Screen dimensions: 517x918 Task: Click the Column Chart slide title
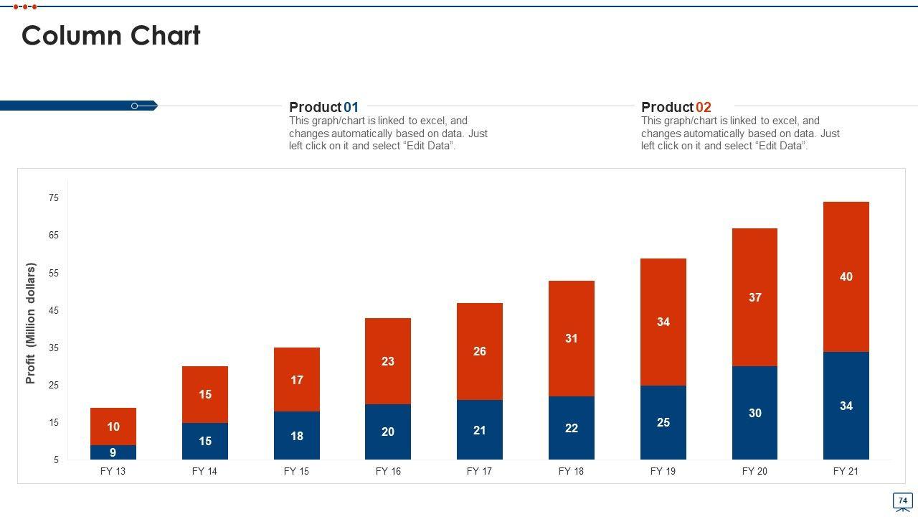click(x=111, y=36)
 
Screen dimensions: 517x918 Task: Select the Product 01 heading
click(x=323, y=107)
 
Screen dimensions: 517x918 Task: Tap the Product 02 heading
click(x=676, y=107)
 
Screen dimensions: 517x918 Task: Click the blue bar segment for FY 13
click(x=113, y=452)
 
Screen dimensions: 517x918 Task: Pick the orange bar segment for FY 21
click(x=846, y=276)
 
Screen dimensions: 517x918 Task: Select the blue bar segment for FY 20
click(x=754, y=413)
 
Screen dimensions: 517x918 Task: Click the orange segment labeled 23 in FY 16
click(x=388, y=361)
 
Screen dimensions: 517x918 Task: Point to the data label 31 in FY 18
click(x=571, y=338)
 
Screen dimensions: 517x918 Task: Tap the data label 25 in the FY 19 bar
click(x=663, y=422)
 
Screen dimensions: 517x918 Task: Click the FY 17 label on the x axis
click(x=479, y=472)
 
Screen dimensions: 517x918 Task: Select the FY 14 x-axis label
click(x=204, y=472)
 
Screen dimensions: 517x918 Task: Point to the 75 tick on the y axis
click(x=54, y=197)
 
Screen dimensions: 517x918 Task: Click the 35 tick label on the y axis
click(x=54, y=348)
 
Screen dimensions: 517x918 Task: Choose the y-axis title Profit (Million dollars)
click(x=31, y=323)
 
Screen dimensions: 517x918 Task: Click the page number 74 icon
click(x=902, y=500)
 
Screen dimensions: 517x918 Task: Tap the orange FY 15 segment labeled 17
click(x=297, y=380)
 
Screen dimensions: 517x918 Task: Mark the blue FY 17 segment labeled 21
click(x=479, y=430)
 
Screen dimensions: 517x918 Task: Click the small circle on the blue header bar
click(x=135, y=106)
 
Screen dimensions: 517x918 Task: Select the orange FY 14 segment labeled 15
click(x=205, y=394)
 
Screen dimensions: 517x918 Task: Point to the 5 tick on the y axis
click(x=56, y=460)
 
